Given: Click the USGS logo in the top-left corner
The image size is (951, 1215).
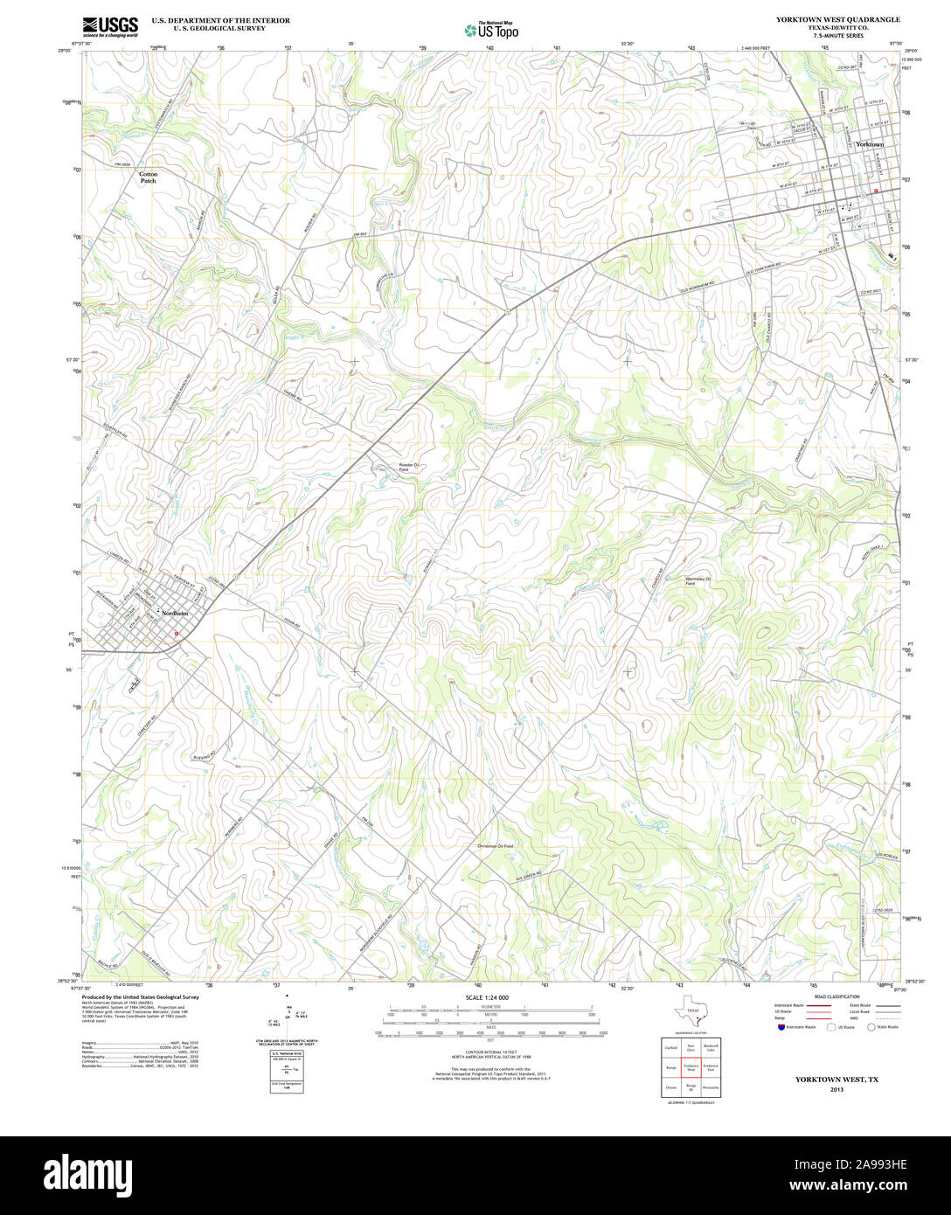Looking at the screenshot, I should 110,27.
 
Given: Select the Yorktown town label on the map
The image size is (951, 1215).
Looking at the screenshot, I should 869,144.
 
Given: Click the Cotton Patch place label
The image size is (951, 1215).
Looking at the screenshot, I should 149,177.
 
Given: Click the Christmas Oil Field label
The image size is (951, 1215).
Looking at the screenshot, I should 495,846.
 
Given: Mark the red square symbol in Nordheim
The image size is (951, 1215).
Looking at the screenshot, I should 177,634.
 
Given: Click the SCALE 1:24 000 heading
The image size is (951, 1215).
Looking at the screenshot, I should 487,997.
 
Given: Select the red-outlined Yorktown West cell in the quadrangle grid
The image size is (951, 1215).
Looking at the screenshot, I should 691,1068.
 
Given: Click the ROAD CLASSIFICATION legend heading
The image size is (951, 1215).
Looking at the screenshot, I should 836,996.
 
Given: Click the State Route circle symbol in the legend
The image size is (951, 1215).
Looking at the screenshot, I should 871,1027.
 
